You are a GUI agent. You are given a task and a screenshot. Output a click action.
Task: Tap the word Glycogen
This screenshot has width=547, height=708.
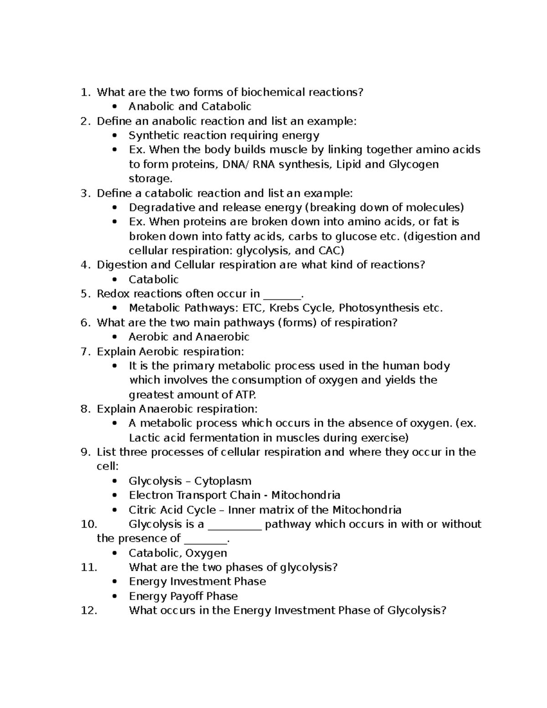[x=413, y=164]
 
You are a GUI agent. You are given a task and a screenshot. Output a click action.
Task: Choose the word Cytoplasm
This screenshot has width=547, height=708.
[x=223, y=481]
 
